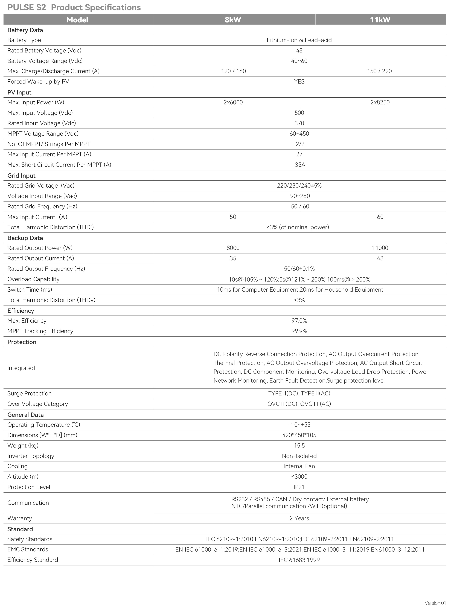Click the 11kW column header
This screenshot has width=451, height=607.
pos(380,20)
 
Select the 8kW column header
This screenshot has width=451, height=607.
pos(233,20)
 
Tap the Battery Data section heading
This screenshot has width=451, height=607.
pos(25,30)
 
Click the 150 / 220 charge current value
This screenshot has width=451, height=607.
pos(379,71)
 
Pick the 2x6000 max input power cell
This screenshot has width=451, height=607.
pos(233,103)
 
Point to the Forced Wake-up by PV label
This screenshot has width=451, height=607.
pos(38,82)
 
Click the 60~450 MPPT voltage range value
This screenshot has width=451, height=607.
pos(299,134)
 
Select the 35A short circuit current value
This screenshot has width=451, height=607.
pos(300,165)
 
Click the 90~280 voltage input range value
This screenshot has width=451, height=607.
pos(300,196)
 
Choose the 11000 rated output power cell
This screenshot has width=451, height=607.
pos(380,248)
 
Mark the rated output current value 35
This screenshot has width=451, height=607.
pos(233,258)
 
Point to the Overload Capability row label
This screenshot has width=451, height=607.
pos(33,279)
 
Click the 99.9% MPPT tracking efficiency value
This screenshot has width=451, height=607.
pos(299,331)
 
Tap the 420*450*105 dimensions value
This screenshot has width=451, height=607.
pos(299,435)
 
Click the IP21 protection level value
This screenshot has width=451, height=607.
pos(299,487)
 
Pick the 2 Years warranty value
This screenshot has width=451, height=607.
pos(299,518)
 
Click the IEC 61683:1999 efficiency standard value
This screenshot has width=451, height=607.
pos(299,560)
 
